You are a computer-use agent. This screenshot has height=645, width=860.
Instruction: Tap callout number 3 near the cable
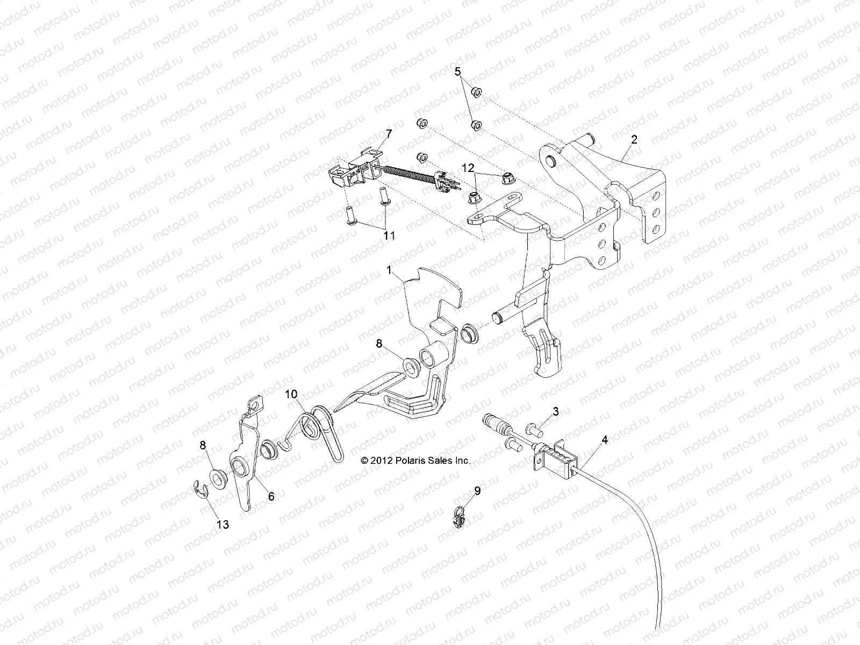tap(555, 411)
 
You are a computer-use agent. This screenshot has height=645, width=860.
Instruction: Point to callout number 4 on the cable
tap(605, 440)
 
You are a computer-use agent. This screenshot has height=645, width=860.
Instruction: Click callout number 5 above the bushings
tap(458, 71)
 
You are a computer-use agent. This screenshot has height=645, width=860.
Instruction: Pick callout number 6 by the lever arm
tap(271, 497)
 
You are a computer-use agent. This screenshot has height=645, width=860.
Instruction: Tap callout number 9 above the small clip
tap(476, 490)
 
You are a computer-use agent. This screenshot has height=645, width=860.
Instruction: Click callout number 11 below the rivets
tap(389, 235)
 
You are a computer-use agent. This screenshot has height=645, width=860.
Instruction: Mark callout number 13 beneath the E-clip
tap(223, 525)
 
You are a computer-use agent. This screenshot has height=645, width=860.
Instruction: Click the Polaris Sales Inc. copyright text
tap(415, 461)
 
